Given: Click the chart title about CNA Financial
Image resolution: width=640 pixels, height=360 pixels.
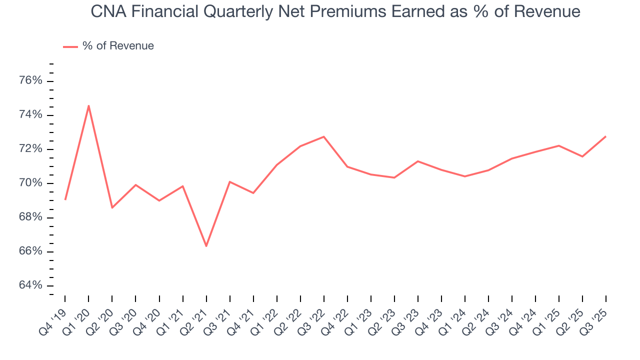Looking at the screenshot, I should [335, 11].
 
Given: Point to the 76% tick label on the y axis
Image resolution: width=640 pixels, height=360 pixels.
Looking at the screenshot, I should [31, 81].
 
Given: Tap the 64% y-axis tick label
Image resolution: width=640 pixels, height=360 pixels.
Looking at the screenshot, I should [31, 285].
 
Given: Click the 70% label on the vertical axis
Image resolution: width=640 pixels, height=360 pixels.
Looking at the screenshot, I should [31, 183].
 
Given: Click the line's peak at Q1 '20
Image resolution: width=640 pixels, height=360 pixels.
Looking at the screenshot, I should [88, 105].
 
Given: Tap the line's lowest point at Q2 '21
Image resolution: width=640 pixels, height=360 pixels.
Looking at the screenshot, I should [206, 246].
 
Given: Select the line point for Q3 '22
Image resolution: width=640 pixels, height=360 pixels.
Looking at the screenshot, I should [323, 136].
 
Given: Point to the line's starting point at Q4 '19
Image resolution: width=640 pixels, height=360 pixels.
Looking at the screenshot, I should [65, 199].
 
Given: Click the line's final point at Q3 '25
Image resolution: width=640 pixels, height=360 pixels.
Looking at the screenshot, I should [605, 136].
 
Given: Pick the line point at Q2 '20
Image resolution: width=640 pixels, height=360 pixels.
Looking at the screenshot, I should [112, 207].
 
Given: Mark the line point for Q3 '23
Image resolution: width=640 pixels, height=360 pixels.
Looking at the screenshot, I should [417, 161].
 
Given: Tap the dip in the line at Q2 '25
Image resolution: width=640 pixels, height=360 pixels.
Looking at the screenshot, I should [582, 156].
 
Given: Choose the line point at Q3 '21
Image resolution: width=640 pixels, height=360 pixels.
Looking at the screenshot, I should [229, 181].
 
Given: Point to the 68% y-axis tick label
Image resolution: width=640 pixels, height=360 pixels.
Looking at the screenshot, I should [31, 217].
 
